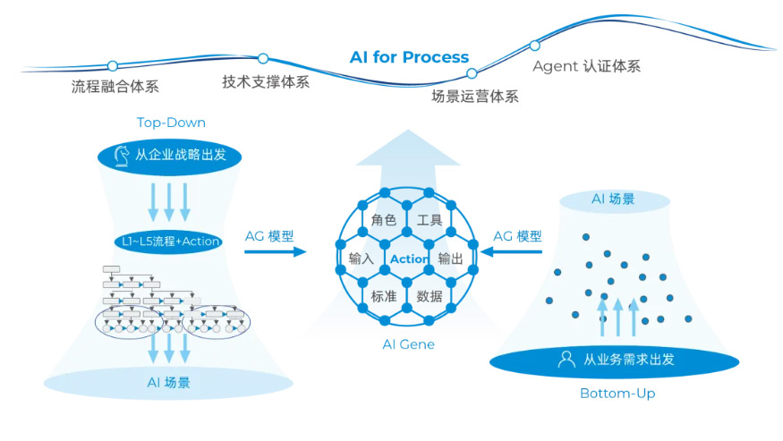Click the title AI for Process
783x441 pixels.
[409, 57]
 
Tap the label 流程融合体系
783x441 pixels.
[115, 87]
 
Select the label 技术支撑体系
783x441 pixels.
[266, 82]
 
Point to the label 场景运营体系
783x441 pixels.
[475, 97]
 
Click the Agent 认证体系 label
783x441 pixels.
[586, 66]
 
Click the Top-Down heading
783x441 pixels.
[171, 123]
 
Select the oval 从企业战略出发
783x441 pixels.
[169, 155]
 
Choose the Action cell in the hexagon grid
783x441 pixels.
[409, 259]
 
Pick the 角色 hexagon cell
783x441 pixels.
[384, 220]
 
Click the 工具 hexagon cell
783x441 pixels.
[430, 220]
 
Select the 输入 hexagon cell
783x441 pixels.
[361, 259]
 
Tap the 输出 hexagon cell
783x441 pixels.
[451, 259]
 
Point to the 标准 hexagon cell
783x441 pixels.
[384, 296]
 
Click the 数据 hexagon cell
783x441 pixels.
[430, 296]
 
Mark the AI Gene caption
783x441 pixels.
[408, 344]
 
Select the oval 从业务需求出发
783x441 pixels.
[614, 360]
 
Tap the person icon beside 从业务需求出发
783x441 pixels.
[566, 360]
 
